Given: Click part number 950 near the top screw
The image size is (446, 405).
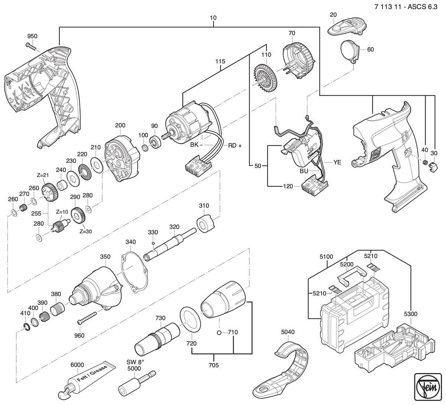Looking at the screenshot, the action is (x=32, y=36).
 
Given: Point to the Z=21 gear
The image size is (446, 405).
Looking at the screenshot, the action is (x=49, y=191).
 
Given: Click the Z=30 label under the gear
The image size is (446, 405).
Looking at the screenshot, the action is (x=86, y=231).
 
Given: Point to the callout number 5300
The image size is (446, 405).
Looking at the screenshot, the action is (x=410, y=314).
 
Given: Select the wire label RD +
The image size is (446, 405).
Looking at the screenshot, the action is (x=235, y=145).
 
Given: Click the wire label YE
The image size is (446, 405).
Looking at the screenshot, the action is (x=337, y=163).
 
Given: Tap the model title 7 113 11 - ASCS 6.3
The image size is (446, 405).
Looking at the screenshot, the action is (x=406, y=7).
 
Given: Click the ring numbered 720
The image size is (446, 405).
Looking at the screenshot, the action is (x=190, y=319).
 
